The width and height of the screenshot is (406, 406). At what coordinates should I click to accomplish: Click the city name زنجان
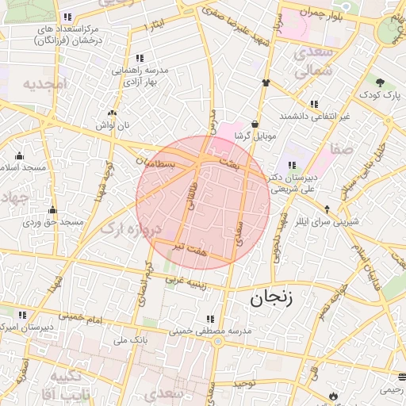point(271,299)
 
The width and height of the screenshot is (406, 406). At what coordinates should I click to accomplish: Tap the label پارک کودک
point(381,96)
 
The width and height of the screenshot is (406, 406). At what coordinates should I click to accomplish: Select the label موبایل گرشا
point(254,136)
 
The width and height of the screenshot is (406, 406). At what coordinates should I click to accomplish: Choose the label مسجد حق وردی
point(52,223)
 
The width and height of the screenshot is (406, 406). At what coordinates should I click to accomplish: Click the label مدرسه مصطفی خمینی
point(210,330)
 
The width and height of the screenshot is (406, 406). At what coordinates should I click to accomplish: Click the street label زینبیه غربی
point(184,282)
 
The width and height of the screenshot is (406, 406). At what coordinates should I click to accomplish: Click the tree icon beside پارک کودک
point(381,82)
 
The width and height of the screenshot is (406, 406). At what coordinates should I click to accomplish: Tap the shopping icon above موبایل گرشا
point(254,124)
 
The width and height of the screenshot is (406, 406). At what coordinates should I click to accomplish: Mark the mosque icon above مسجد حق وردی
point(52,209)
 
